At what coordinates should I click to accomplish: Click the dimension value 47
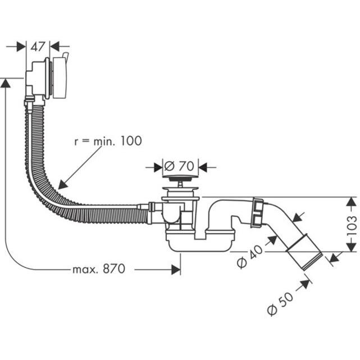[x=38, y=47]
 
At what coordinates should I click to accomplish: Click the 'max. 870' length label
[x=98, y=269]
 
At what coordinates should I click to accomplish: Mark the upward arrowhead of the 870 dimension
[x=6, y=83]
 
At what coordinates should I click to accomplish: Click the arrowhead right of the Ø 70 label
[x=203, y=167]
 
